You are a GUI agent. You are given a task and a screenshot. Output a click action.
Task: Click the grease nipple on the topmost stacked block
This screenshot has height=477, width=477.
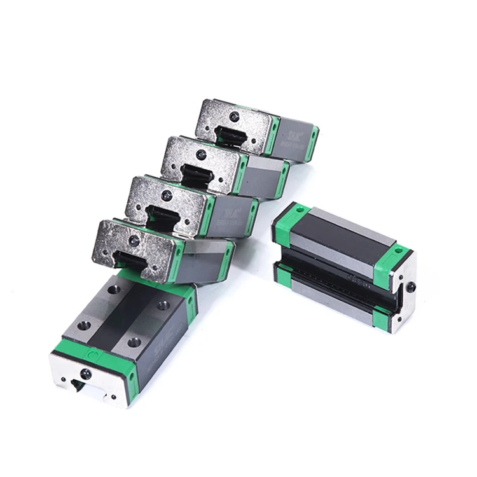pos(235,116)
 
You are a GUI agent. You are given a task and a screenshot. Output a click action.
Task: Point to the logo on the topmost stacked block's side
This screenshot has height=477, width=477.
pos(294,134)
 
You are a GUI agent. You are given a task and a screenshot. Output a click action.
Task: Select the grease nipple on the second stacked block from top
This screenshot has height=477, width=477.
pos(201,155)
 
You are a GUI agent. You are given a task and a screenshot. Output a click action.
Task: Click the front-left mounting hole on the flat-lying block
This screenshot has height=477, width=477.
pos(83,325)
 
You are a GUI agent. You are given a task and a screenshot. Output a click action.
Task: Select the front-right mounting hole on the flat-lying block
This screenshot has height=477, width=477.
pos(134,342)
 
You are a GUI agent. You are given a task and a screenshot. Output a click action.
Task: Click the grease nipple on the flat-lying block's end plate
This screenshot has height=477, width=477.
pos(86,374)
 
